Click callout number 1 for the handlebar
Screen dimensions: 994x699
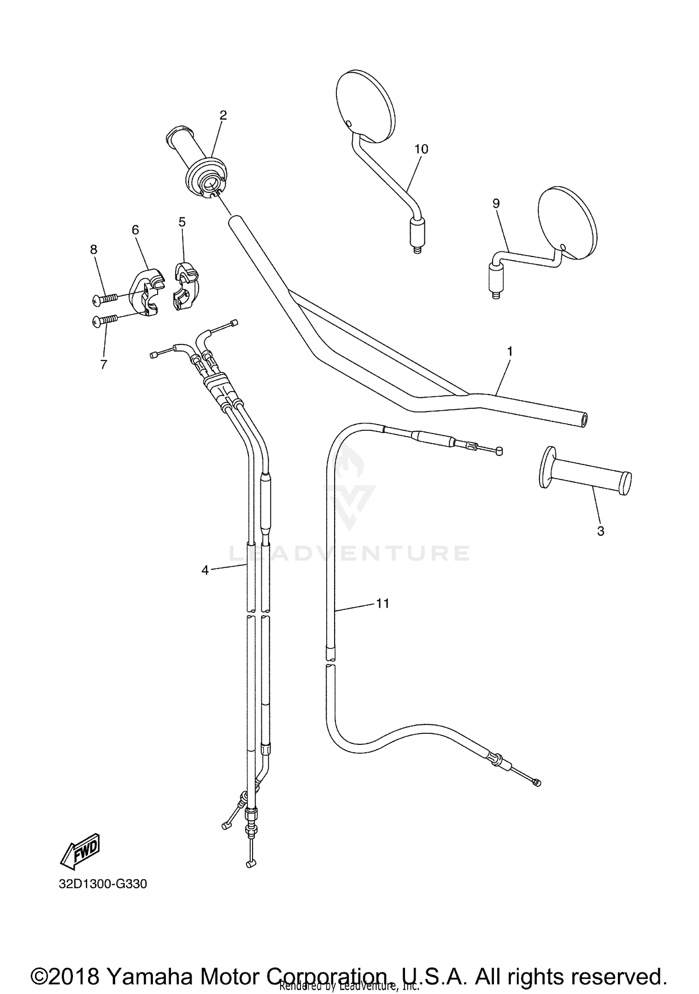[x=510, y=352]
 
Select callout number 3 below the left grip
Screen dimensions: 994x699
[x=601, y=531]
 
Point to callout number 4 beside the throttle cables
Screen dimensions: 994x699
[x=205, y=570]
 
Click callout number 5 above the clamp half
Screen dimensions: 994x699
[x=182, y=222]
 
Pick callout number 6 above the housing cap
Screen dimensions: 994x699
[x=135, y=230]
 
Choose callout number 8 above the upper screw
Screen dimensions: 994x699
[x=94, y=250]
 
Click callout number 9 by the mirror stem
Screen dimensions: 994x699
[x=496, y=203]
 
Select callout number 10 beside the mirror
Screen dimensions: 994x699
[x=421, y=149]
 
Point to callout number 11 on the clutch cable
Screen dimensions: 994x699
[x=383, y=603]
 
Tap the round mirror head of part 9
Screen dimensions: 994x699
[x=567, y=222]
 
